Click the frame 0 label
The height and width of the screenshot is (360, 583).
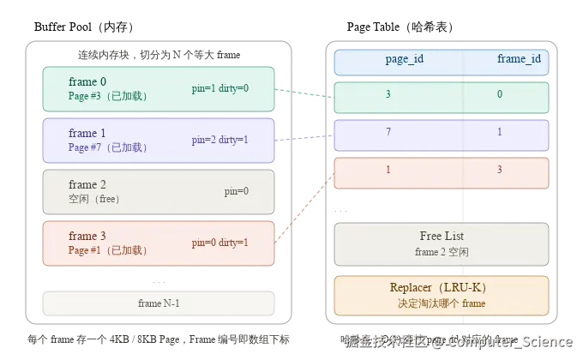(87, 81)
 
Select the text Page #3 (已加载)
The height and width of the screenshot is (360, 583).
(108, 96)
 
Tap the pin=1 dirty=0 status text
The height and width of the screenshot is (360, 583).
(219, 88)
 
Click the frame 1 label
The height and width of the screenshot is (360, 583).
(87, 133)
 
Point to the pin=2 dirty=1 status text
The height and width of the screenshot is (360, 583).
(219, 140)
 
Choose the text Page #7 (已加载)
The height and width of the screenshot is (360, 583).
(108, 147)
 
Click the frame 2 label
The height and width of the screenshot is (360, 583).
(87, 184)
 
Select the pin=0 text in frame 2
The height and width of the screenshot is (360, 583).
(236, 191)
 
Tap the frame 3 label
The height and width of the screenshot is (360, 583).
(87, 236)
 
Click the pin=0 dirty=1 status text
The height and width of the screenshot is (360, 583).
(219, 243)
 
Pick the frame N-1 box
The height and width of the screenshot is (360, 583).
(159, 303)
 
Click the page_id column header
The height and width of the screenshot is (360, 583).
(405, 60)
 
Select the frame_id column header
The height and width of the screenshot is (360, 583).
(519, 60)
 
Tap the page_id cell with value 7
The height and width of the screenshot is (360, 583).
(388, 133)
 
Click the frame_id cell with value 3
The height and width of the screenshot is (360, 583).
(500, 170)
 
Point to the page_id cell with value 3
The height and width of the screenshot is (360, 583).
(388, 94)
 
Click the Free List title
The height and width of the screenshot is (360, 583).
(441, 237)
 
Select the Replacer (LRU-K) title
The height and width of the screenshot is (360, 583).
(441, 288)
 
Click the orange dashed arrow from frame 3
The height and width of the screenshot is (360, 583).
(304, 210)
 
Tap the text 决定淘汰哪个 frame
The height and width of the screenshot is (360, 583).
(441, 303)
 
